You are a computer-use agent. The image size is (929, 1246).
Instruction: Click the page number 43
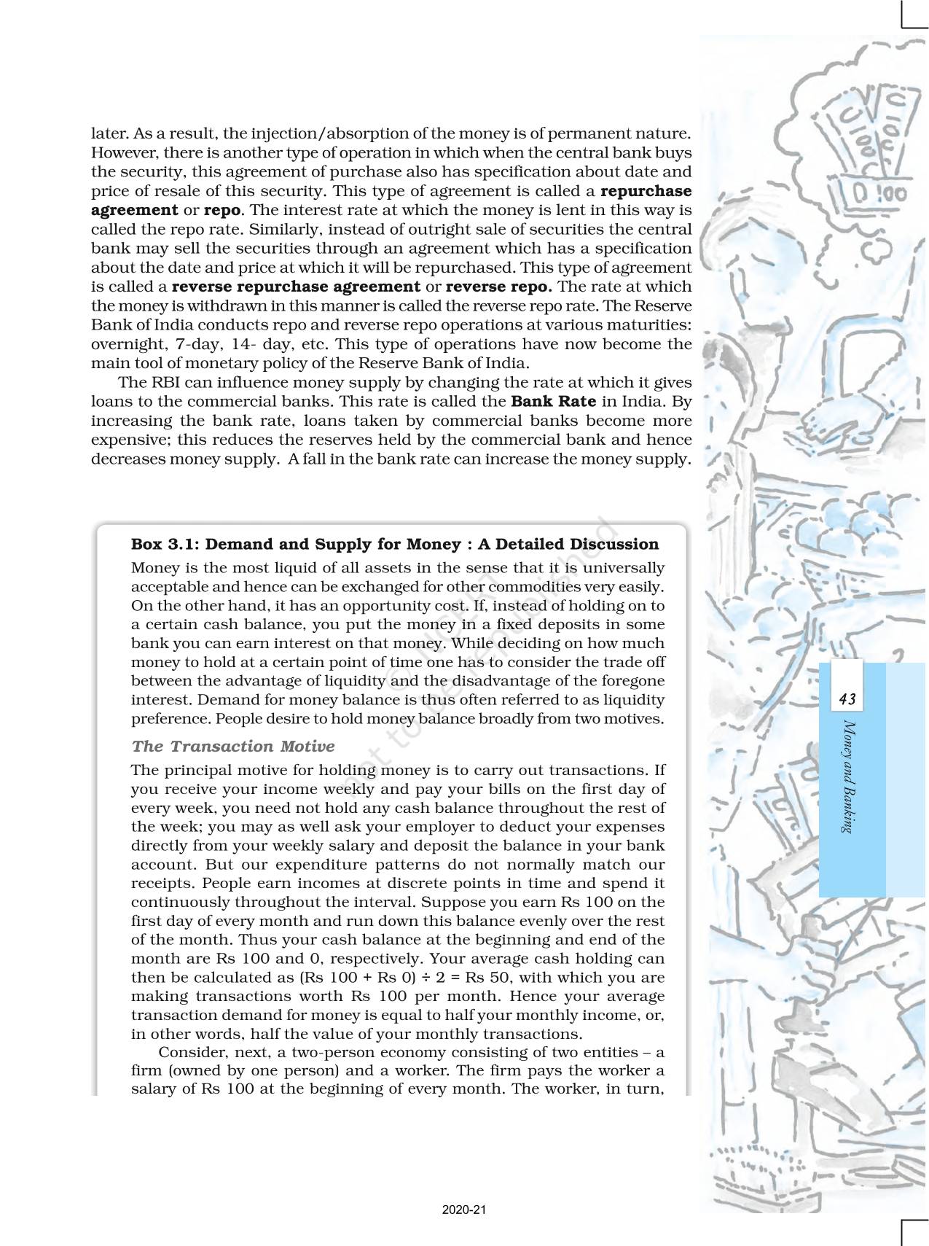pyautogui.click(x=847, y=700)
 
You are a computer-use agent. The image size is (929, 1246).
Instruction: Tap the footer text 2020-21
pyautogui.click(x=463, y=1210)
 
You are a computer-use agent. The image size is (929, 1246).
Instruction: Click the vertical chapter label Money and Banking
pyautogui.click(x=847, y=776)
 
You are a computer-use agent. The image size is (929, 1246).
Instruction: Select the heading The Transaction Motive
pyautogui.click(x=233, y=746)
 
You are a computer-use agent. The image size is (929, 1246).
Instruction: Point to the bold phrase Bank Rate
pyautogui.click(x=554, y=401)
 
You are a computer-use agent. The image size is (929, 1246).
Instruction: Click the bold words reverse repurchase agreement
pyautogui.click(x=296, y=287)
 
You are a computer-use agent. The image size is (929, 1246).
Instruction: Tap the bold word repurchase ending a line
pyautogui.click(x=646, y=191)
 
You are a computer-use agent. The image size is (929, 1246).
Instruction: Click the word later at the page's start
pyautogui.click(x=108, y=134)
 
